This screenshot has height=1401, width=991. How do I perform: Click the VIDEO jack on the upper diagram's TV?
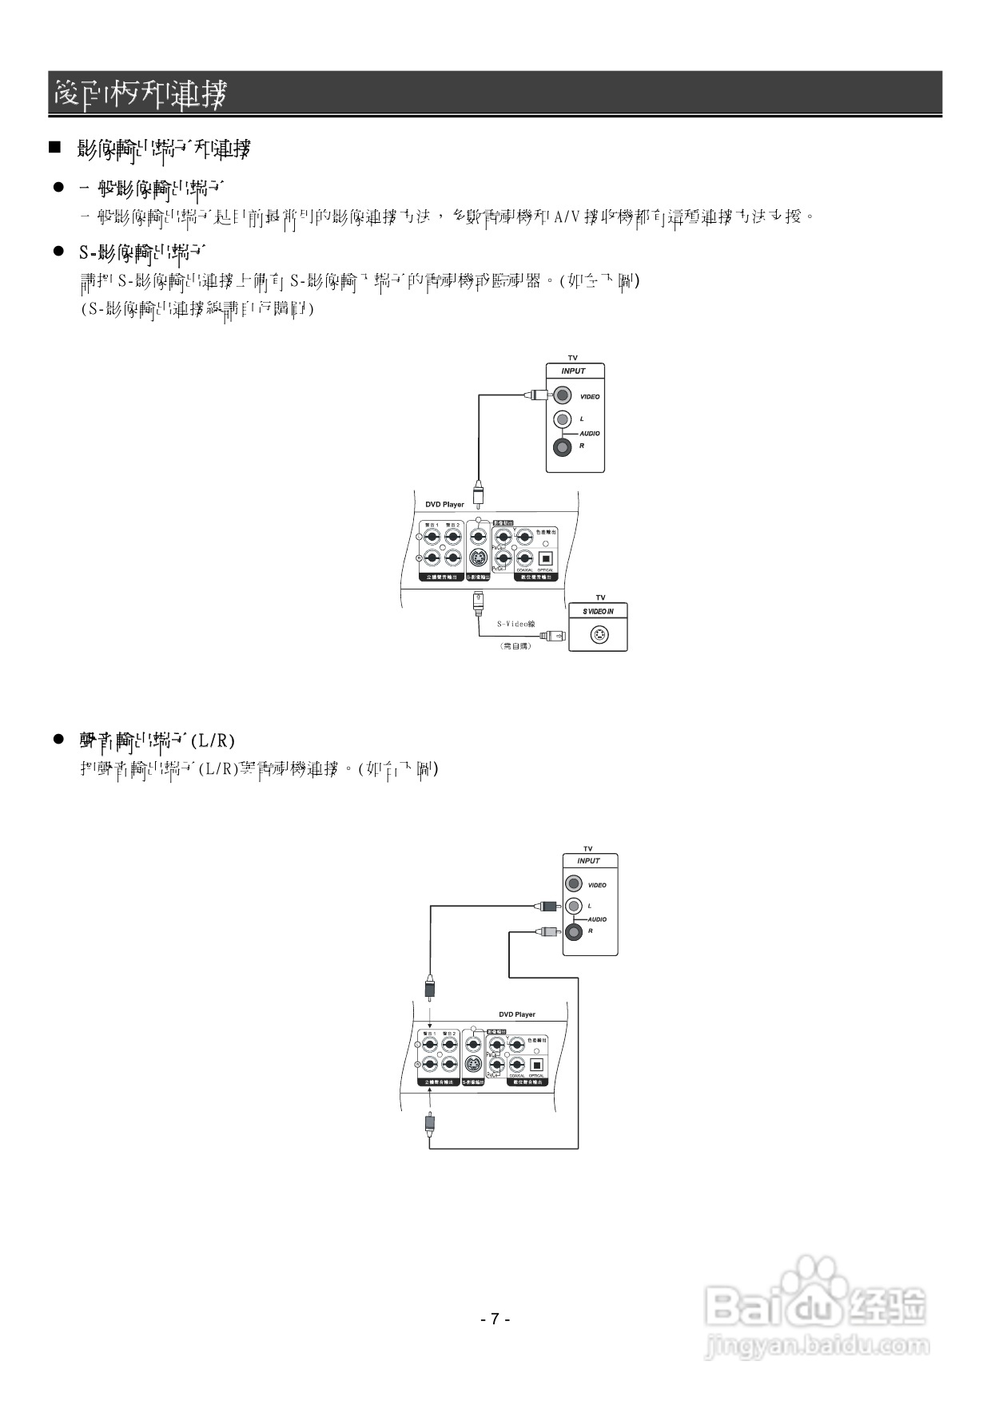click(x=563, y=395)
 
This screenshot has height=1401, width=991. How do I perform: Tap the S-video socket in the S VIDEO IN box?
click(x=599, y=635)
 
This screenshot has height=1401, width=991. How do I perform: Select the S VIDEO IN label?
click(x=599, y=611)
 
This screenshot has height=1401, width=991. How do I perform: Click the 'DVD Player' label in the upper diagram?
click(x=444, y=504)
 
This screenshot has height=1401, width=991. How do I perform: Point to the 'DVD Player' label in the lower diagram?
click(x=517, y=1014)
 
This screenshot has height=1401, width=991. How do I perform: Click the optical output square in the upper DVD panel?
click(x=547, y=558)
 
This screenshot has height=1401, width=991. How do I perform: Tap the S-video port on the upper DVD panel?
click(x=478, y=558)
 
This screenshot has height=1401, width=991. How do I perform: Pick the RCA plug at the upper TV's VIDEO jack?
click(x=536, y=394)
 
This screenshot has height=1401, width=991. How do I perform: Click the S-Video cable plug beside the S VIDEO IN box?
click(x=553, y=636)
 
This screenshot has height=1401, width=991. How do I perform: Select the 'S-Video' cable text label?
click(x=515, y=624)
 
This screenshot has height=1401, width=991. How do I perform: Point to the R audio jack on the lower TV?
click(x=573, y=931)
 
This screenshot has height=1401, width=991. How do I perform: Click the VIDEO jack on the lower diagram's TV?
click(x=573, y=883)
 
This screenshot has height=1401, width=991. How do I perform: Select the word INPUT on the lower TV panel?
click(x=588, y=861)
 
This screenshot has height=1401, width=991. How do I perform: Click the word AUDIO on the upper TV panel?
click(x=590, y=434)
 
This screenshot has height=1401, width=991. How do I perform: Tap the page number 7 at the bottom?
click(x=495, y=1319)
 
